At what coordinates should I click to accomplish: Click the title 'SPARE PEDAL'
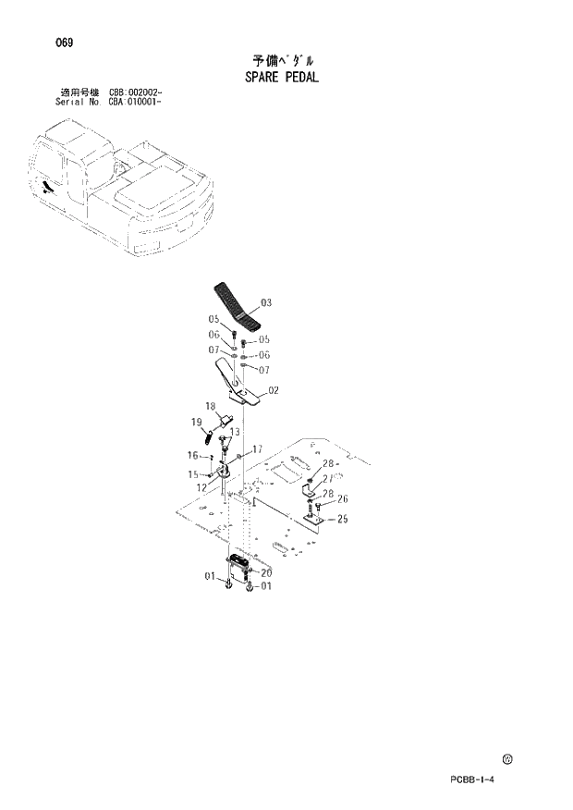tap(282, 77)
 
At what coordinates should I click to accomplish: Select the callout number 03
tap(265, 302)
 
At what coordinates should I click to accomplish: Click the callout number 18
tap(210, 406)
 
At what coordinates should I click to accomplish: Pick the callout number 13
tap(235, 432)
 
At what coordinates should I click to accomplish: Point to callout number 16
tap(193, 455)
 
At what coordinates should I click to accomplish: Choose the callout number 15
tap(193, 474)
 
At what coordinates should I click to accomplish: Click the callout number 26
tap(342, 500)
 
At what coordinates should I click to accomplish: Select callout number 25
tap(342, 519)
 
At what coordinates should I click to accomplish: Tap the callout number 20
tap(266, 573)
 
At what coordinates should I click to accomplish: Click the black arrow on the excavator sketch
tap(45, 188)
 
